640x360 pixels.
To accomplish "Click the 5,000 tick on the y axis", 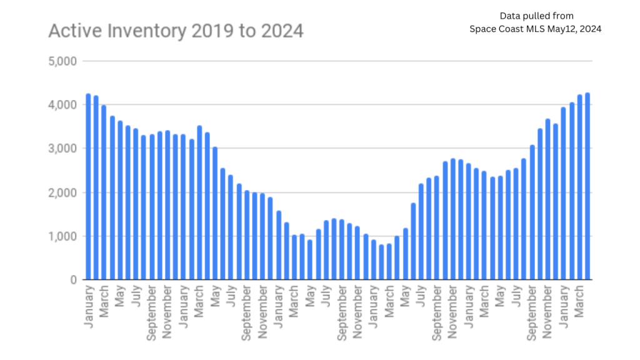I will (x=62, y=61).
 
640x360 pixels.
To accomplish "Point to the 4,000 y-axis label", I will (x=62, y=105).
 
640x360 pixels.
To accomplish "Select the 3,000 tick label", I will (x=62, y=149).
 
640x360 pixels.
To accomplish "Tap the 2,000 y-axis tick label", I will (x=62, y=192).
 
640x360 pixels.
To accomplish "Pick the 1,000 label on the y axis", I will (x=62, y=236).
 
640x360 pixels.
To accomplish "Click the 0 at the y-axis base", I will (x=73, y=280).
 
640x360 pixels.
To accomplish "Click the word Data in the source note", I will (x=511, y=16).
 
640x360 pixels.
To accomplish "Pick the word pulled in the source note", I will (x=542, y=16).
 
